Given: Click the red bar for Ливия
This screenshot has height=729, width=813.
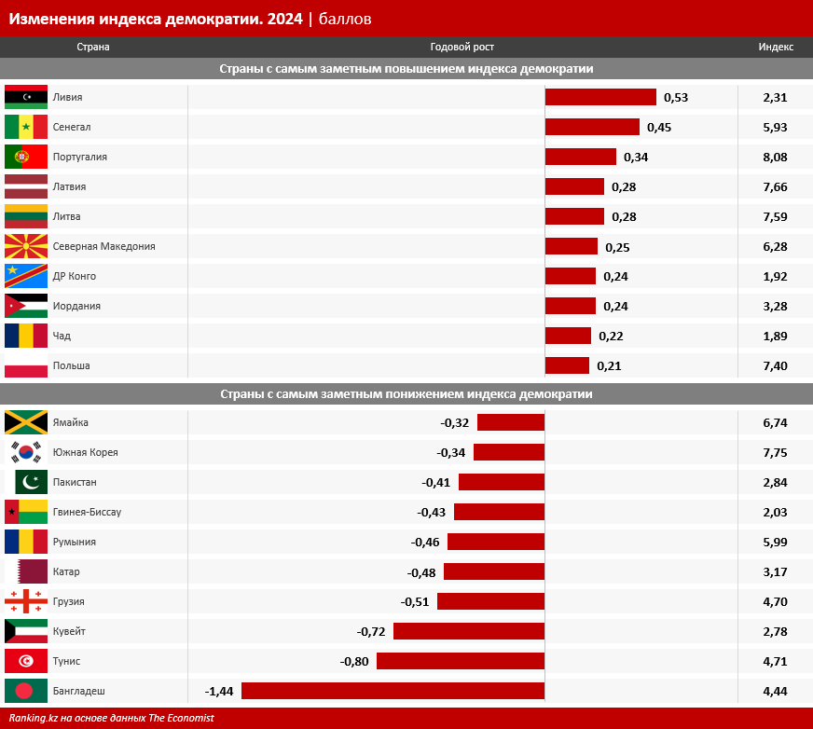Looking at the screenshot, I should tap(600, 97).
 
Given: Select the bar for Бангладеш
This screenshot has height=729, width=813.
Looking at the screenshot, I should tap(393, 691).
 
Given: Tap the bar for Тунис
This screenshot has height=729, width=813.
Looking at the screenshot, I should tap(461, 661).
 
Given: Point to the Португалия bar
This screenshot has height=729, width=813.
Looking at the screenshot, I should tap(581, 157).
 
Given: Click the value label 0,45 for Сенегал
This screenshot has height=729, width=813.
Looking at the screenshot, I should tap(659, 127).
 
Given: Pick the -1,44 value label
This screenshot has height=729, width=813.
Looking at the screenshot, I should tap(219, 691).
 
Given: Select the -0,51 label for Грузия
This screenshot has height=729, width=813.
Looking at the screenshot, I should tap(415, 601).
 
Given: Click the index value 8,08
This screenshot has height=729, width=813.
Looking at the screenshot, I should tap(775, 157).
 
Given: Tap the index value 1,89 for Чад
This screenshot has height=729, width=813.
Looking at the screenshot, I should tap(775, 336).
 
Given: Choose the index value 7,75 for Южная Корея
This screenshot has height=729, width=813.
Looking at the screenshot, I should tap(775, 452).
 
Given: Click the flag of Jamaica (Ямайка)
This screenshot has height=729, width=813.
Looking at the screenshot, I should tap(26, 422).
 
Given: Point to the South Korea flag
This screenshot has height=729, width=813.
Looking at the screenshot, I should tap(26, 452).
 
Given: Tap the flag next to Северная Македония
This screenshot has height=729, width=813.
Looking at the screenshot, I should tap(26, 246).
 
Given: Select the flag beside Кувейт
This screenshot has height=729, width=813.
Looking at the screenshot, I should tap(26, 631).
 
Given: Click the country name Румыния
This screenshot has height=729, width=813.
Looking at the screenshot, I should tap(75, 542).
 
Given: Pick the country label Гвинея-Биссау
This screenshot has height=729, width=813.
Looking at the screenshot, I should tap(87, 512).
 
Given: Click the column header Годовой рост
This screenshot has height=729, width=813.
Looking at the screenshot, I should tap(462, 47).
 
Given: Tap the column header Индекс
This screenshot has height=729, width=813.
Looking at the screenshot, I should tap(776, 47).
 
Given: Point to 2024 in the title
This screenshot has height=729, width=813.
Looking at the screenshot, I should tap(283, 18).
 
